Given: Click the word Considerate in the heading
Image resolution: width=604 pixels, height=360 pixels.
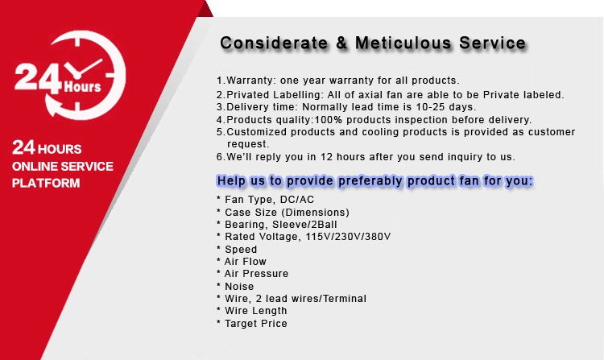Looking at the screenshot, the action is point(274,43).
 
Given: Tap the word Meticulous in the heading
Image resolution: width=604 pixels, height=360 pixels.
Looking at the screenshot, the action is point(403,43).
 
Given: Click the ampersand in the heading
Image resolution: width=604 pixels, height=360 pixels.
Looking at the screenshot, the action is point(341,43).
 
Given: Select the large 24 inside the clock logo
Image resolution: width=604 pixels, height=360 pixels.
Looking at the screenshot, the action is point(37,78).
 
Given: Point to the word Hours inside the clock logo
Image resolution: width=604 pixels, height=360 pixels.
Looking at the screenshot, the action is point(82,86).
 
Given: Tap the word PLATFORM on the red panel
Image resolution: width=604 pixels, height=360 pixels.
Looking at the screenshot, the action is point(46,184).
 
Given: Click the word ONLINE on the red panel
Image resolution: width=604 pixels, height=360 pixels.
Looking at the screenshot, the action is point(35,167).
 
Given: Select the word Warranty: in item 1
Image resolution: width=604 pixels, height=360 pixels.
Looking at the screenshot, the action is point(251,81).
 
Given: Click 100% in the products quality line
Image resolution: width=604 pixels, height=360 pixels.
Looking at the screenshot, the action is point(329,120).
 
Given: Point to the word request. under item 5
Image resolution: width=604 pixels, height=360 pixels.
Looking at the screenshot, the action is point(248,144).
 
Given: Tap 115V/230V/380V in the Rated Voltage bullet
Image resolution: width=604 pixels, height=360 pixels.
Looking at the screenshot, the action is point(348,237).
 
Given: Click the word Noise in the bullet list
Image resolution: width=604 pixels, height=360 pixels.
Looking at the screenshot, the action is point(239,287).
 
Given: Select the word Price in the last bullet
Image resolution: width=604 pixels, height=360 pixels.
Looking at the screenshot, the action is point(275,324).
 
